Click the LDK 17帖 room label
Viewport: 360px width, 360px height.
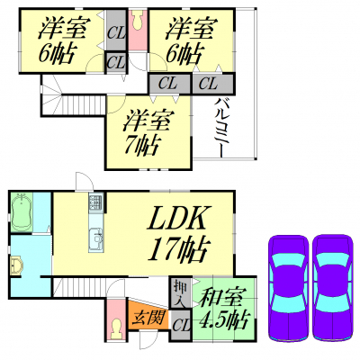click(x=178, y=234)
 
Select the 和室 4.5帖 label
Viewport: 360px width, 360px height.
click(x=224, y=309)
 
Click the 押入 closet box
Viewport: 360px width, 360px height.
click(x=181, y=292)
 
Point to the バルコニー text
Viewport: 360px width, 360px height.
click(x=219, y=128)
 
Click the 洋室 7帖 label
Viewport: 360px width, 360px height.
click(x=146, y=133)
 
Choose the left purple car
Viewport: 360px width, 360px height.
click(x=288, y=288)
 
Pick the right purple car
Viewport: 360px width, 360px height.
click(x=332, y=288)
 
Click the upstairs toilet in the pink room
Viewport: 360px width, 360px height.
click(x=139, y=21)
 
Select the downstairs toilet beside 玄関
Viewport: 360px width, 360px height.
click(x=115, y=328)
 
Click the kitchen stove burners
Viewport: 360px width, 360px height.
click(x=95, y=202)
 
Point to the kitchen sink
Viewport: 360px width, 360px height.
click(x=95, y=238)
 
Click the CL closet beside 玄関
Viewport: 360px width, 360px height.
click(x=181, y=326)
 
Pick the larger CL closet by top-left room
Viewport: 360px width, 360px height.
click(x=116, y=30)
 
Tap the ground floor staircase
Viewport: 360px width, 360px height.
click(x=79, y=287)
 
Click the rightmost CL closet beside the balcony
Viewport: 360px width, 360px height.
click(x=213, y=84)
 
